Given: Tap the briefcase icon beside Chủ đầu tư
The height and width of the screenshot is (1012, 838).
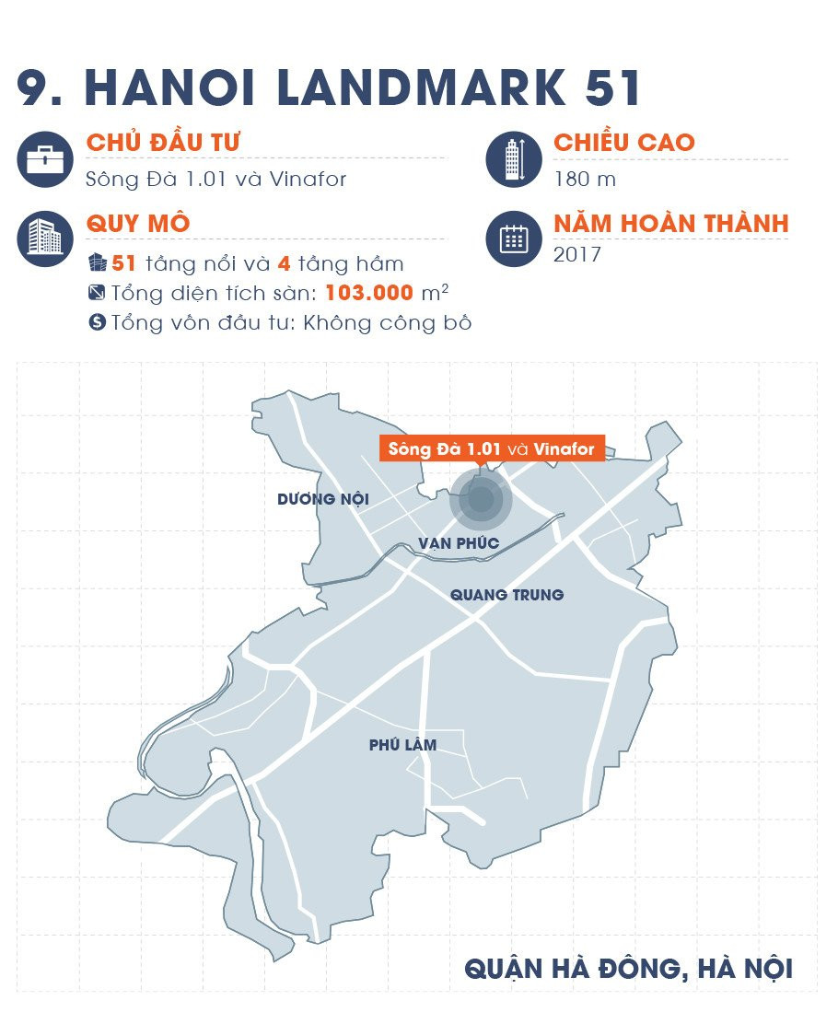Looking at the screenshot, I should tap(45, 160).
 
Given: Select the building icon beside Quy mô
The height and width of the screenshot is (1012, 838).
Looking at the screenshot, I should tap(45, 238).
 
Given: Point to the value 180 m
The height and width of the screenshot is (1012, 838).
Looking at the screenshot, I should tap(585, 179).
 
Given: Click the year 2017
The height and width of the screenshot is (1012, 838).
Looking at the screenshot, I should tap(577, 254).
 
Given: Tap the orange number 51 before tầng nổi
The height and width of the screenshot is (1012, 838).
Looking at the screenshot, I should tap(123, 264).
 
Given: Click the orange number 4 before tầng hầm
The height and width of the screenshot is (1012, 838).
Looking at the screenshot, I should tap(285, 264).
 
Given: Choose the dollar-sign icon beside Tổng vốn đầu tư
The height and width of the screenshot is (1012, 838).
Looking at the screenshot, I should tap(97, 323).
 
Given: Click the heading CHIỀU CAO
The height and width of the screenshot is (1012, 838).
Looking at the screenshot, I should tap(623, 143).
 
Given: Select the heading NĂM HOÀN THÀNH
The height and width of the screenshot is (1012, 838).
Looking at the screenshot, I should tap(670, 223).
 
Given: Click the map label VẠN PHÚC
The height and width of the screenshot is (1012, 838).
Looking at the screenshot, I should tap(459, 543).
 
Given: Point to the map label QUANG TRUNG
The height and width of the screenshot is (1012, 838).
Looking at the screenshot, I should tap(506, 595).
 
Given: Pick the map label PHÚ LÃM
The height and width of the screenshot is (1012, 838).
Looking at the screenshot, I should tap(402, 745).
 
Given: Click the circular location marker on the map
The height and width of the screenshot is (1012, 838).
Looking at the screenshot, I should tap(481, 500).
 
